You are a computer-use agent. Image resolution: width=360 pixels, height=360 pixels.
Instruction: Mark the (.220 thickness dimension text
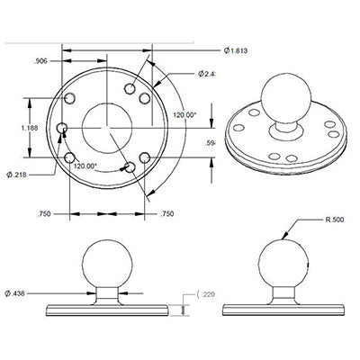click(x=205, y=294)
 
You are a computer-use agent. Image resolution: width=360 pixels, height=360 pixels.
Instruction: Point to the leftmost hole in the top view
click(x=61, y=130)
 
